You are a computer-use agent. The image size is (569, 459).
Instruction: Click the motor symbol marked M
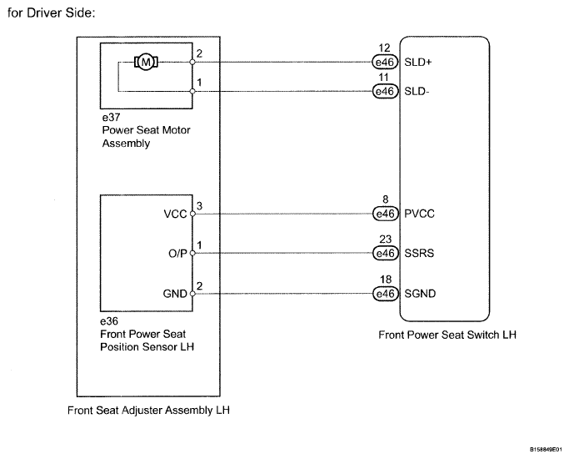click(146, 62)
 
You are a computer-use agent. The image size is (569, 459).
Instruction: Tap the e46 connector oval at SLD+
click(385, 62)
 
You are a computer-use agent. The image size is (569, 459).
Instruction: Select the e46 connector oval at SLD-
click(385, 91)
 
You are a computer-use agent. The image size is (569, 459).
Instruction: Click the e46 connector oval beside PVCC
click(386, 214)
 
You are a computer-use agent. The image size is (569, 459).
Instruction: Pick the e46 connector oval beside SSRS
click(386, 253)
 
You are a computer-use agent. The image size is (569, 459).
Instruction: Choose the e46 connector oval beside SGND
click(386, 293)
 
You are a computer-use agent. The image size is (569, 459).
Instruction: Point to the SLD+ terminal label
click(418, 62)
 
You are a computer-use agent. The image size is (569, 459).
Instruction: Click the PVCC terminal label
click(419, 214)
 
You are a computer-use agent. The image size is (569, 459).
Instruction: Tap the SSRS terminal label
click(419, 253)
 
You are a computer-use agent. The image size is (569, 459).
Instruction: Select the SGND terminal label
click(420, 293)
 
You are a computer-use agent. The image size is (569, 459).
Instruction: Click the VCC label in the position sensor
click(175, 214)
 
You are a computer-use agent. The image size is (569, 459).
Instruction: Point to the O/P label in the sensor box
click(177, 254)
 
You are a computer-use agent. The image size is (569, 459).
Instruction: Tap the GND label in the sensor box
click(175, 294)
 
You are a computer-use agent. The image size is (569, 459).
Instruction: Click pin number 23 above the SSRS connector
click(386, 240)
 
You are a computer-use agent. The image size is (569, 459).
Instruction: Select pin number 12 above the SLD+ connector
click(384, 48)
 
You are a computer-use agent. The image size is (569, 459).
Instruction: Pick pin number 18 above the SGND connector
click(386, 279)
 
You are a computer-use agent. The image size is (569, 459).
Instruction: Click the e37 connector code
click(111, 118)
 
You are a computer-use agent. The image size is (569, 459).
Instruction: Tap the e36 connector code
click(109, 321)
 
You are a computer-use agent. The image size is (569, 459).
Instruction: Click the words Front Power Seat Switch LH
click(447, 335)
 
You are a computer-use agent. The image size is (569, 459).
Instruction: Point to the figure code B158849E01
click(546, 450)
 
